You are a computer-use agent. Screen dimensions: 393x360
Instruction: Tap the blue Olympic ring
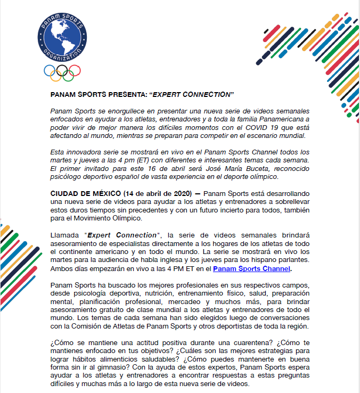49,70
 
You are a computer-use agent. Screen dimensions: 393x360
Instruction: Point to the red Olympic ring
75,70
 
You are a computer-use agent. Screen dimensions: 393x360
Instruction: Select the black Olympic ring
62,70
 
